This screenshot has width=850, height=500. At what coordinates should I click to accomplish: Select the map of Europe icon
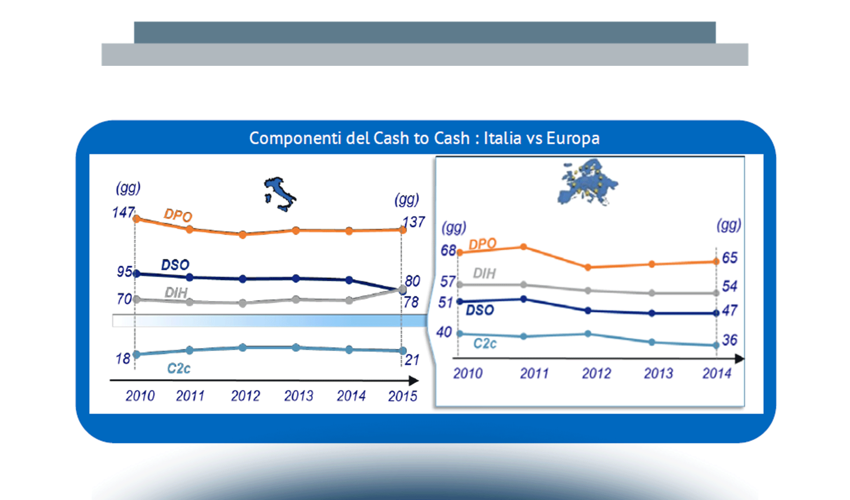click(x=587, y=182)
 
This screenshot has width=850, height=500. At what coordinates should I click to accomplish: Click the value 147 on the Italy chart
click(x=123, y=212)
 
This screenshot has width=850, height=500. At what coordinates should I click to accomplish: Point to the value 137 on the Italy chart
click(x=414, y=222)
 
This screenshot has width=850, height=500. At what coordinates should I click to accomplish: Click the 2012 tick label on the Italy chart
click(x=245, y=395)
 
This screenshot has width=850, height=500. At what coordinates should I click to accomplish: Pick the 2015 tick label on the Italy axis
click(x=402, y=396)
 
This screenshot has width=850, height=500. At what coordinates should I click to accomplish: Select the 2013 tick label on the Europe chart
click(x=658, y=373)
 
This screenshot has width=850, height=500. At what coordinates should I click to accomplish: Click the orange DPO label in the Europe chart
click(x=482, y=244)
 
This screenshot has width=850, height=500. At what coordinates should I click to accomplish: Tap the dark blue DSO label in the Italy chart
click(x=175, y=265)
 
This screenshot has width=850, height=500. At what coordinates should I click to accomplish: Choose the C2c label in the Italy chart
click(x=179, y=368)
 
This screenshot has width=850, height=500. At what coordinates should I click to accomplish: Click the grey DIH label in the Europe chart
click(x=484, y=273)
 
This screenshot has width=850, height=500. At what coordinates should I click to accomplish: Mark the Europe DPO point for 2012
click(x=588, y=267)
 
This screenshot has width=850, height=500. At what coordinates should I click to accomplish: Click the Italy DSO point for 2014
click(x=349, y=280)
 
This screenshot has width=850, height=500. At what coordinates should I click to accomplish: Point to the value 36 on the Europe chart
click(x=730, y=340)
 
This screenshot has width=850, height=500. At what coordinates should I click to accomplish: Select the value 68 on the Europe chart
click(x=448, y=250)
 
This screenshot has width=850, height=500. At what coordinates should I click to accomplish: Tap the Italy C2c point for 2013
click(x=296, y=347)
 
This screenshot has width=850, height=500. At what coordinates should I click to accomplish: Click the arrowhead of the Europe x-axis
click(x=739, y=359)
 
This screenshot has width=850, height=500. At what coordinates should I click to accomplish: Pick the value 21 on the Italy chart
click(x=412, y=360)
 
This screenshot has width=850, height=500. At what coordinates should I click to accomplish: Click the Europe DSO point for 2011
click(x=524, y=299)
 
